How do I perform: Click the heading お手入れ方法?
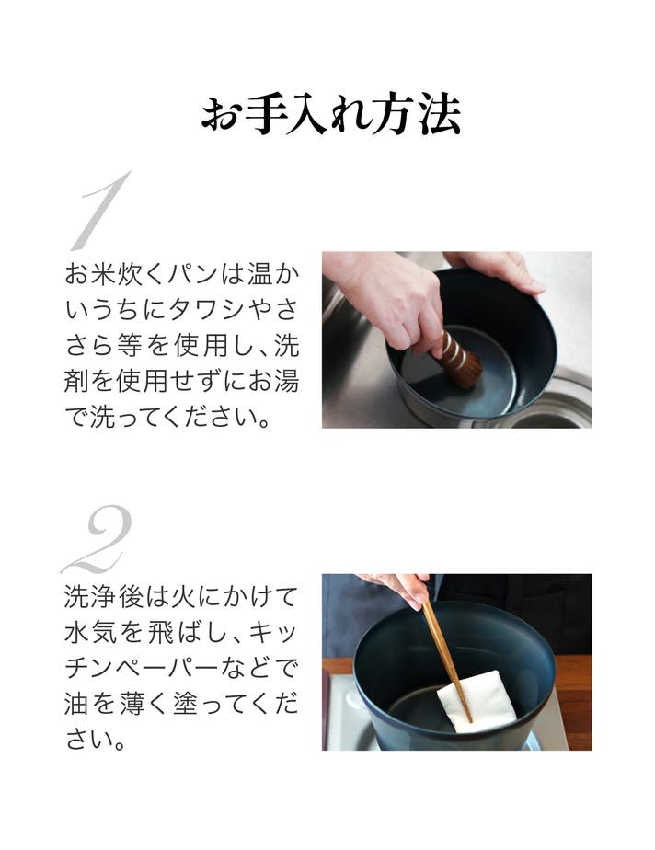[330, 115]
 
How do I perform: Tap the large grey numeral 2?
[98, 539]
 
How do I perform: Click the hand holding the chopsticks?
[398, 588]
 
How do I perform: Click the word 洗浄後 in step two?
[104, 597]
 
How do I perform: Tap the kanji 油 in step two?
[76, 704]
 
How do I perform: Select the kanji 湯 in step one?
[287, 382]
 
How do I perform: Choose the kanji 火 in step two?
[183, 597]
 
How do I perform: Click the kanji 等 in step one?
[129, 346]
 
